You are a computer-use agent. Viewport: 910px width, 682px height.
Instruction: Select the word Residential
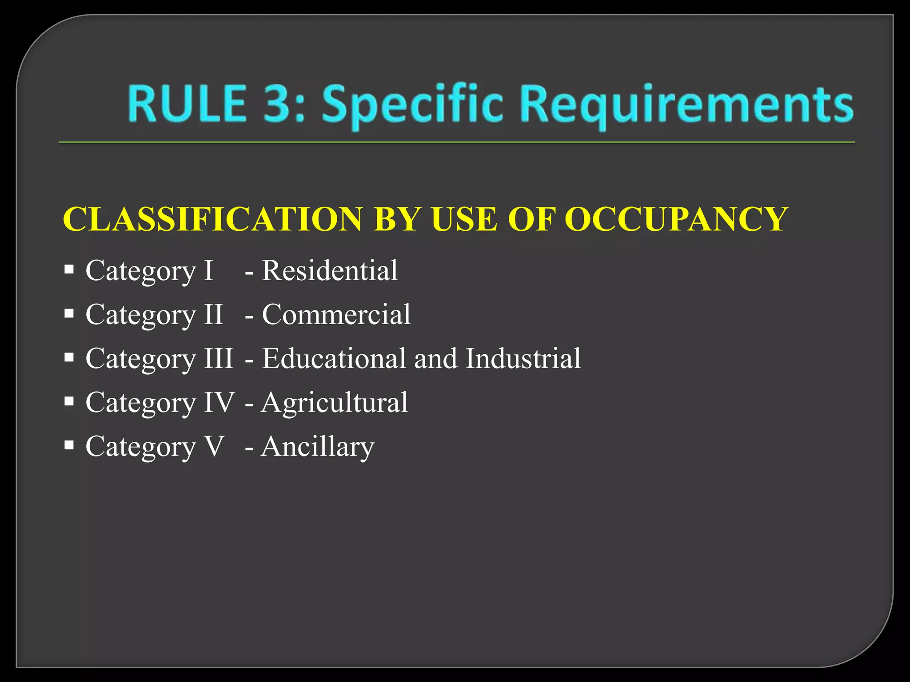(x=330, y=270)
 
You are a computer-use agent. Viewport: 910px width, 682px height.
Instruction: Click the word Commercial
(x=336, y=314)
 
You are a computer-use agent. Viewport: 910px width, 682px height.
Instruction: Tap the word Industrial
(x=523, y=358)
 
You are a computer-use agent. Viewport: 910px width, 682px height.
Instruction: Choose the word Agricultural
(x=334, y=402)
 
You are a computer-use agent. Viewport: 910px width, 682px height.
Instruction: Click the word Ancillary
(x=318, y=447)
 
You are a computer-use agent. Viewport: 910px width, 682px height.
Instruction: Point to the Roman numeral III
(x=219, y=358)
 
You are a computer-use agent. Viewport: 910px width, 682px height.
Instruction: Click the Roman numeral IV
(x=219, y=402)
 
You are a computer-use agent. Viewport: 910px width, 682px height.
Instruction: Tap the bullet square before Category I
(x=69, y=270)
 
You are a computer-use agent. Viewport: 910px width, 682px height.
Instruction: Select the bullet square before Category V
(x=69, y=445)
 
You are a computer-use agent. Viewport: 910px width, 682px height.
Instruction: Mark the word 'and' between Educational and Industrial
(x=435, y=358)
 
